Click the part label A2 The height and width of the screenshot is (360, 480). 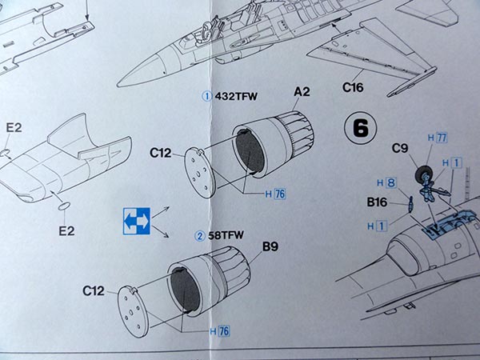coord(302,91)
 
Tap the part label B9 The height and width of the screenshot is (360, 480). coord(270,246)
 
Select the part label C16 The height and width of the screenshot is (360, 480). coord(353,87)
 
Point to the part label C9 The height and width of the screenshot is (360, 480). coord(400,149)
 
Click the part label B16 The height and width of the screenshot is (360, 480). coord(377,202)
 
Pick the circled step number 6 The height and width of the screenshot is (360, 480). coord(361,128)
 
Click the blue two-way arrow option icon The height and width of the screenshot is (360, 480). coord(137,221)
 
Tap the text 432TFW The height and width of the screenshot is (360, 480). coord(236,97)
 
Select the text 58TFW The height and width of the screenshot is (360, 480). coord(226,235)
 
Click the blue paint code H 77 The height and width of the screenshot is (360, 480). coord(438,138)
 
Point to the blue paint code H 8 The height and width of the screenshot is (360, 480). coord(386,182)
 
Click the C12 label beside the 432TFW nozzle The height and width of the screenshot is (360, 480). coord(161,153)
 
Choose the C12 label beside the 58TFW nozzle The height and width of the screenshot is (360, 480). coord(94,291)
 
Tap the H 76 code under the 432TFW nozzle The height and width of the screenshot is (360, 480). coord(275,194)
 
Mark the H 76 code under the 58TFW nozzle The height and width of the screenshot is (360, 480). coord(219,331)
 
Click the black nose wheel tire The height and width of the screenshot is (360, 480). coord(422,174)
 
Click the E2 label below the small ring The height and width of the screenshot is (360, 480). coord(66,231)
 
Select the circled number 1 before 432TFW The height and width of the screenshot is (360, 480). coord(207,97)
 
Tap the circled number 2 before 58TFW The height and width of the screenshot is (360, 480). coord(200,236)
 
